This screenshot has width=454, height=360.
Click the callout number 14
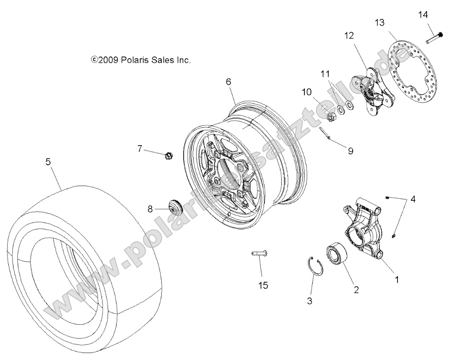(423, 15)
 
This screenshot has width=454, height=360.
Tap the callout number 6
(228, 81)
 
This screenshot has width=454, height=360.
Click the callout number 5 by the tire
(48, 162)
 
